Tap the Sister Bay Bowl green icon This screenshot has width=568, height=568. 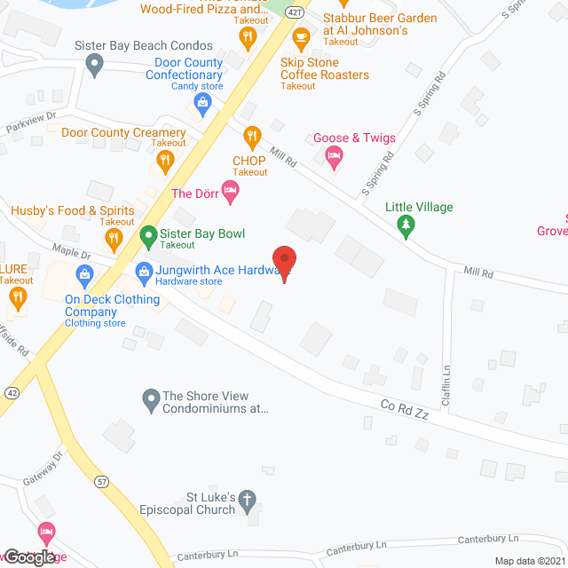pos(148,235)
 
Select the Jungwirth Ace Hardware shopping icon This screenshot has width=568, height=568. pos(142,271)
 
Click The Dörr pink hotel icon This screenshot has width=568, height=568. pos(230,193)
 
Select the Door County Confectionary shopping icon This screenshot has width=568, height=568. pos(203,105)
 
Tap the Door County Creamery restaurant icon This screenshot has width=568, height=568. pos(164,160)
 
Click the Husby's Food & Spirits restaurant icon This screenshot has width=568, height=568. pos(113,238)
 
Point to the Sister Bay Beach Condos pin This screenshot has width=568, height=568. pos(94,63)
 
